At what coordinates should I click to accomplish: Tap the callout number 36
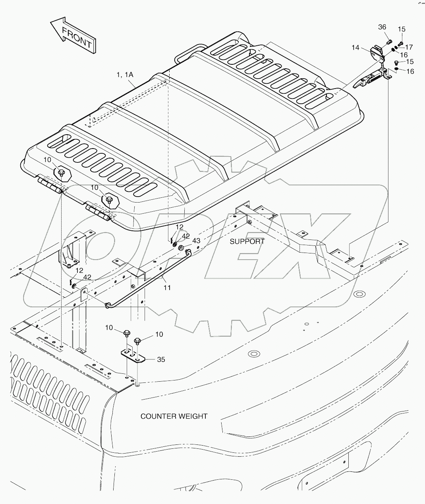(382, 27)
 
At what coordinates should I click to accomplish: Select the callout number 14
(355, 47)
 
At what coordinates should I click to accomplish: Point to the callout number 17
(409, 47)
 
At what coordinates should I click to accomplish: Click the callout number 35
(161, 359)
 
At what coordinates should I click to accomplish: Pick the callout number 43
(196, 241)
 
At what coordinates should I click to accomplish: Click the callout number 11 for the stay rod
(167, 287)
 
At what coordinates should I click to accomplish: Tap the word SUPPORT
(247, 241)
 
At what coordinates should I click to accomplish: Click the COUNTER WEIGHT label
(174, 416)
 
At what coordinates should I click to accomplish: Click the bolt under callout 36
(389, 41)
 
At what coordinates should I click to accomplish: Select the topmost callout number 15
(402, 29)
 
